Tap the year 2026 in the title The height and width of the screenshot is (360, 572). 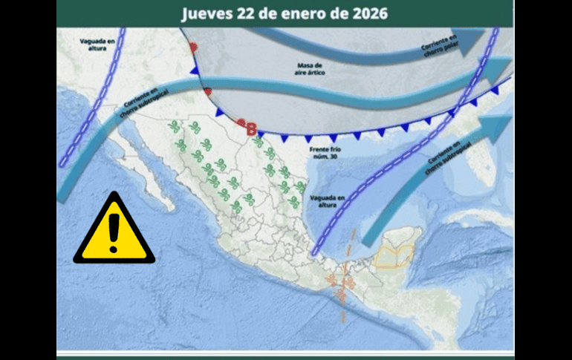365,14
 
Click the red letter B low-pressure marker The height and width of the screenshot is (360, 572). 252,129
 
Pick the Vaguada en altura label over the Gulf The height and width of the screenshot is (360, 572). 332,200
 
